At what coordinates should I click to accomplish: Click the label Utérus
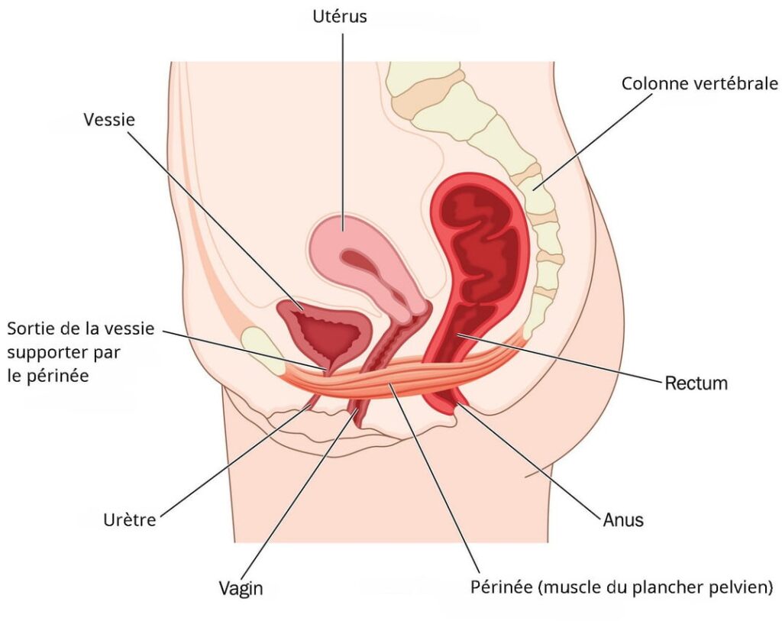click(340, 17)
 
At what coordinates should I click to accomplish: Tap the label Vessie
click(109, 120)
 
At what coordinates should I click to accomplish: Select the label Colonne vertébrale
click(700, 83)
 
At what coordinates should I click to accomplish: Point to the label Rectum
click(696, 383)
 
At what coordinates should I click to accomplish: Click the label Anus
click(623, 520)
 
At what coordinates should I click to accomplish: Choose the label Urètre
click(130, 520)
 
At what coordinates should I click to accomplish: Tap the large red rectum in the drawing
click(479, 260)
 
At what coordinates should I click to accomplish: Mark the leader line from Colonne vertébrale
click(592, 141)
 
